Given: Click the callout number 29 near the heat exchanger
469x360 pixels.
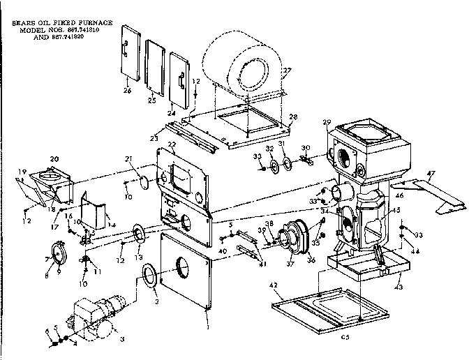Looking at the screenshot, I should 326,123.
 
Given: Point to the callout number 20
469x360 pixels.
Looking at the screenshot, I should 54,158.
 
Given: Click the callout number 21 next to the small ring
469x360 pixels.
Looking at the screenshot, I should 147,160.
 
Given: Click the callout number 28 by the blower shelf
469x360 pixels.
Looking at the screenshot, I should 292,117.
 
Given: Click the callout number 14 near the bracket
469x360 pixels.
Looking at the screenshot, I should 111,225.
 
